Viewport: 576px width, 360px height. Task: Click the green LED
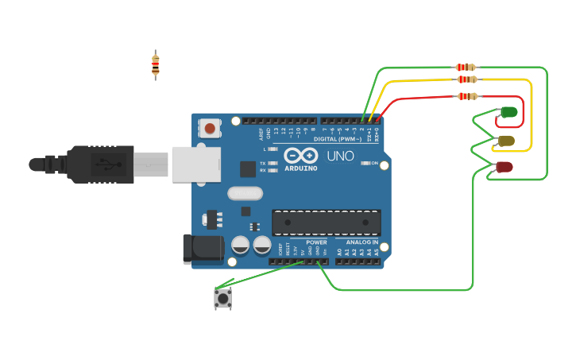pyautogui.click(x=508, y=113)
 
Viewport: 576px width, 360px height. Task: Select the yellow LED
pyautogui.click(x=506, y=141)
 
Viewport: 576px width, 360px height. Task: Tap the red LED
pyautogui.click(x=504, y=167)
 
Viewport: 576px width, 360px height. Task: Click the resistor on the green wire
pyautogui.click(x=466, y=68)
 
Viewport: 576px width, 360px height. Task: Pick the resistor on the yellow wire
pyautogui.click(x=467, y=79)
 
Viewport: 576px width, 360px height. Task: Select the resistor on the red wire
pyautogui.click(x=469, y=96)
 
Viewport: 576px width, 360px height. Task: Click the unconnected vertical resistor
pyautogui.click(x=156, y=65)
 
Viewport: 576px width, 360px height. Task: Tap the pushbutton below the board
pyautogui.click(x=222, y=298)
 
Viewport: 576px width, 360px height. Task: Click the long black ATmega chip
pyautogui.click(x=326, y=223)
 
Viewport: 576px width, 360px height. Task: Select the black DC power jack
pyautogui.click(x=203, y=249)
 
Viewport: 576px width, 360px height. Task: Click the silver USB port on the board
pyautogui.click(x=195, y=164)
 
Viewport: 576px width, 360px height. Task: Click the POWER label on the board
pyautogui.click(x=316, y=242)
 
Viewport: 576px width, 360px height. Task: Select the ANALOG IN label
pyautogui.click(x=361, y=242)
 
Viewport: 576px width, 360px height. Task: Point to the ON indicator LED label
pyautogui.click(x=373, y=163)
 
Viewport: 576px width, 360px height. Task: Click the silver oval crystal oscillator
pyautogui.click(x=245, y=193)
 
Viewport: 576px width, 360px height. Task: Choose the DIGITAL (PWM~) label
pyautogui.click(x=337, y=139)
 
